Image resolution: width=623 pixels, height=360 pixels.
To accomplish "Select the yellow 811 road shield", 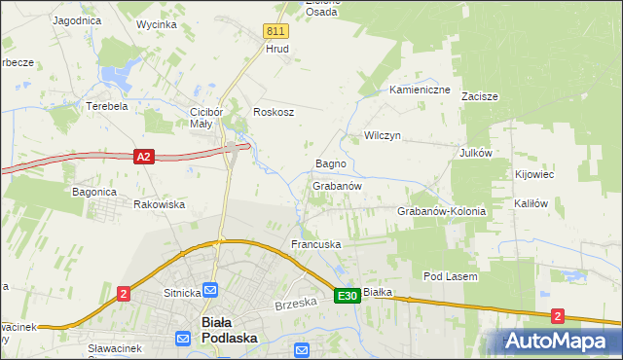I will coord(275,31).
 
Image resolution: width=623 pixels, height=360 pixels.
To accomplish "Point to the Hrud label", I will coord(277,48).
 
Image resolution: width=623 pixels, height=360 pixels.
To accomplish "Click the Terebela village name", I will coord(107,106).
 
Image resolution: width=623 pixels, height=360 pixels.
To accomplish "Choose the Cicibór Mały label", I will coord(208,118).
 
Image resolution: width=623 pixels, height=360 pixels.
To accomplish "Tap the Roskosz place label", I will coord(274,112).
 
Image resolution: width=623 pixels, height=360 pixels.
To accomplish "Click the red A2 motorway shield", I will coord(143,156).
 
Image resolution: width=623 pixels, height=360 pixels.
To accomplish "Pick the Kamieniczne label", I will coord(420,90).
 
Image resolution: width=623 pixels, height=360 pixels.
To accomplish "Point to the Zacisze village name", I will coord(480,97).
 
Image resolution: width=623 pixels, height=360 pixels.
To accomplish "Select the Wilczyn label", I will coord(383,135).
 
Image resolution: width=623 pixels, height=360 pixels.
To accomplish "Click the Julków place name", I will coord(477,153).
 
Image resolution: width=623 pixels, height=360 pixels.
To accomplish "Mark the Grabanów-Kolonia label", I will coord(441,211).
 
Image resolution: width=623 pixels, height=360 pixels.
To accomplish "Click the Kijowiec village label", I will coord(533,174).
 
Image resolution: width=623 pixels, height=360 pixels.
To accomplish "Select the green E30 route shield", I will coord(347,295).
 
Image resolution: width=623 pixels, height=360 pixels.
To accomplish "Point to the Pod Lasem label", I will coord(450,276).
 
